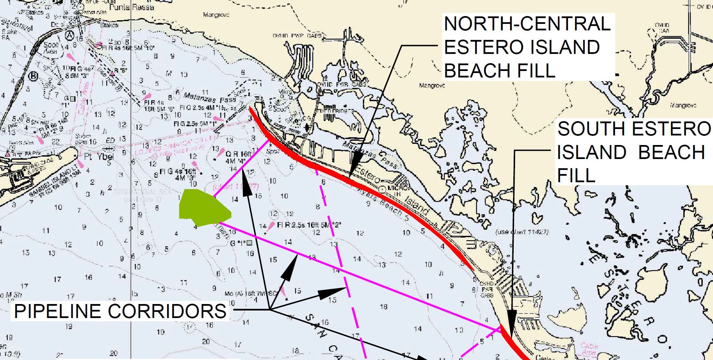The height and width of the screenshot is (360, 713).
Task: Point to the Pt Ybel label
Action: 99,157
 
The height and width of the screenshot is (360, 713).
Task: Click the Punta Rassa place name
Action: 131,7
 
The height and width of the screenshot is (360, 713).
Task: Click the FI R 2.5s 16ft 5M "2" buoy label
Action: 309,225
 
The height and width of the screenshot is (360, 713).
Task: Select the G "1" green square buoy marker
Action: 249,243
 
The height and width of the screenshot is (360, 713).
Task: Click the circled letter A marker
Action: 70,35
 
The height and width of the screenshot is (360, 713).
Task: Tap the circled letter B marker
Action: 33,76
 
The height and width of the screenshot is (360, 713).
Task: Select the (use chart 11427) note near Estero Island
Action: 522,232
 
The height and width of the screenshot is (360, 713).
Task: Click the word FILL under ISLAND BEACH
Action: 576,175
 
